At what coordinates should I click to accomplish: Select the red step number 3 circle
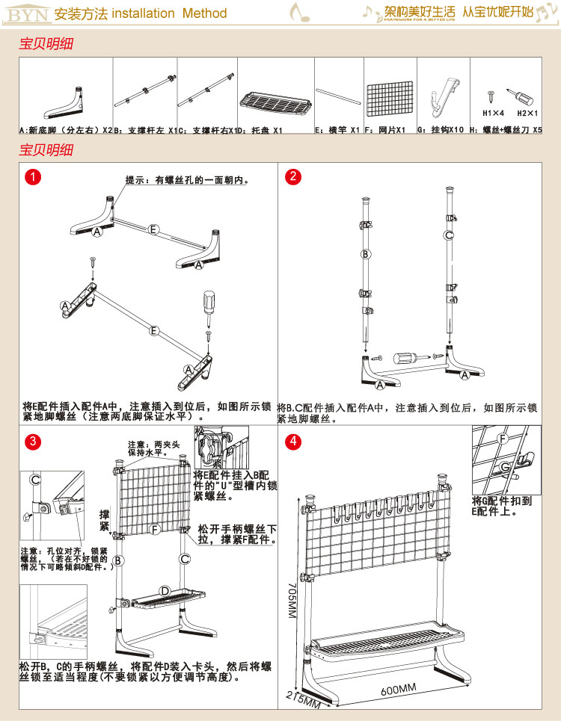[x=32, y=442]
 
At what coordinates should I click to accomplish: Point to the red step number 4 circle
[x=294, y=442]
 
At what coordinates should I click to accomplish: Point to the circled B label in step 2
[x=366, y=254]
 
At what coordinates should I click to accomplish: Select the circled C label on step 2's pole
[x=449, y=235]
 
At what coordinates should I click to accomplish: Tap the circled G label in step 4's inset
[x=505, y=467]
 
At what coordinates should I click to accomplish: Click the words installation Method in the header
[x=170, y=13]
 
